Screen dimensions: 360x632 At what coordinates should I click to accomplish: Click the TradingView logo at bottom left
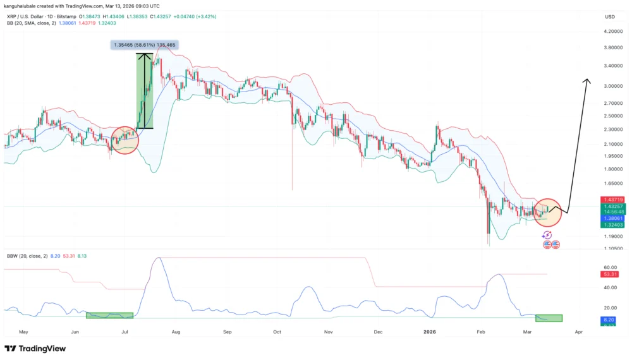pos(33,349)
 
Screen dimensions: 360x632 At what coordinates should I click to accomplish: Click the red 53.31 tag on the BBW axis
pos(611,274)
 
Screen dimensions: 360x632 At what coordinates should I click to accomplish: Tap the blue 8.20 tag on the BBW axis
pos(611,320)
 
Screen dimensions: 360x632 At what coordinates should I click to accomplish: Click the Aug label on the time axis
pos(176,331)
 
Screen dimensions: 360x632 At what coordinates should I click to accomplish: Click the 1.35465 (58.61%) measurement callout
pos(144,45)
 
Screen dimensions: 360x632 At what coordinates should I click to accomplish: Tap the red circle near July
pos(125,140)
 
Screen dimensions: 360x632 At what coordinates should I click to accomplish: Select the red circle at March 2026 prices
pos(547,212)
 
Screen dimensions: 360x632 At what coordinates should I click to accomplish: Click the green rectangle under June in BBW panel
pos(109,315)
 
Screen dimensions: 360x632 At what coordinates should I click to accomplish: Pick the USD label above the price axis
pos(610,16)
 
